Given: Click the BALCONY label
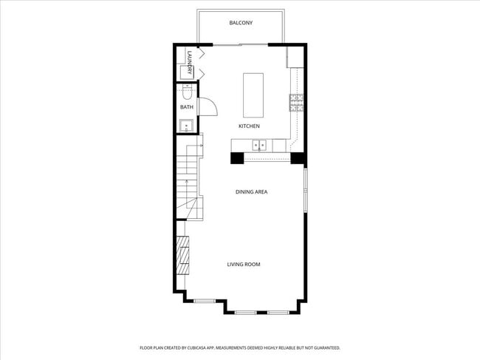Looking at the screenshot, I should click(x=241, y=23).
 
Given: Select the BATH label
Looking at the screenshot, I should click(x=187, y=107).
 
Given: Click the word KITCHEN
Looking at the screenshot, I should click(x=248, y=126).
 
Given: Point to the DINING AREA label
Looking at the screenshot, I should click(x=251, y=191).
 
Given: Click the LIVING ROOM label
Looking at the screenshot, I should click(x=243, y=264).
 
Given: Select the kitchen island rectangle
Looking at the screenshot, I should click(x=254, y=95).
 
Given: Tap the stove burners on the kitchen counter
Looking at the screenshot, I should click(x=295, y=102).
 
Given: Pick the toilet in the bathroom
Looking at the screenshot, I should click(x=187, y=93).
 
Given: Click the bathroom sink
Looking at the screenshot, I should click(x=187, y=125).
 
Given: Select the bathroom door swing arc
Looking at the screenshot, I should click(x=208, y=108).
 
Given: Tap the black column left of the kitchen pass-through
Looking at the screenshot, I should click(x=238, y=157).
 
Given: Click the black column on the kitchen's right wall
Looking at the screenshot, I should click(x=298, y=157).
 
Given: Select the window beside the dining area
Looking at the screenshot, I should click(x=305, y=189).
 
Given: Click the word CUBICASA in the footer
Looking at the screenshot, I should click(x=198, y=347).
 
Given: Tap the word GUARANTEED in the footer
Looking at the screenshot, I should click(x=324, y=347).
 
